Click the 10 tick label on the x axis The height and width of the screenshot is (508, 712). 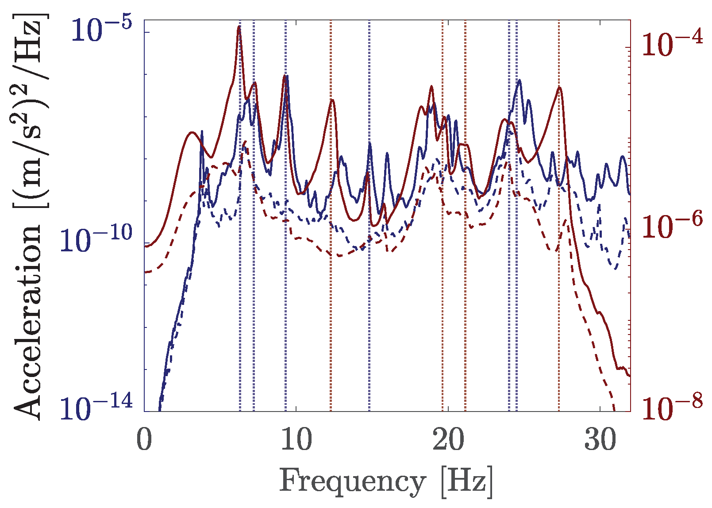(x=296, y=440)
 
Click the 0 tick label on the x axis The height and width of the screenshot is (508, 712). (x=144, y=440)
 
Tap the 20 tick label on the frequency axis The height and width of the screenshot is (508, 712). (x=448, y=440)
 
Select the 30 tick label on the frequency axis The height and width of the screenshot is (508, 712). (x=600, y=440)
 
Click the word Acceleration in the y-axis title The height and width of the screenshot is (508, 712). (x=27, y=321)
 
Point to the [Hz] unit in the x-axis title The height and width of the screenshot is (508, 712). (x=466, y=481)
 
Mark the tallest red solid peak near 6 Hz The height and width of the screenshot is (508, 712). (x=239, y=27)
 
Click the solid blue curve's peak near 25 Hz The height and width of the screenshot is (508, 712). (x=519, y=81)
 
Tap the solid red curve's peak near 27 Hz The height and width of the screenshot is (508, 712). (x=560, y=88)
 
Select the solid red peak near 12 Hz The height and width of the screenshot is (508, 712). (x=332, y=100)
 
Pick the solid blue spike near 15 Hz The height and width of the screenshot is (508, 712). (x=370, y=144)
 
